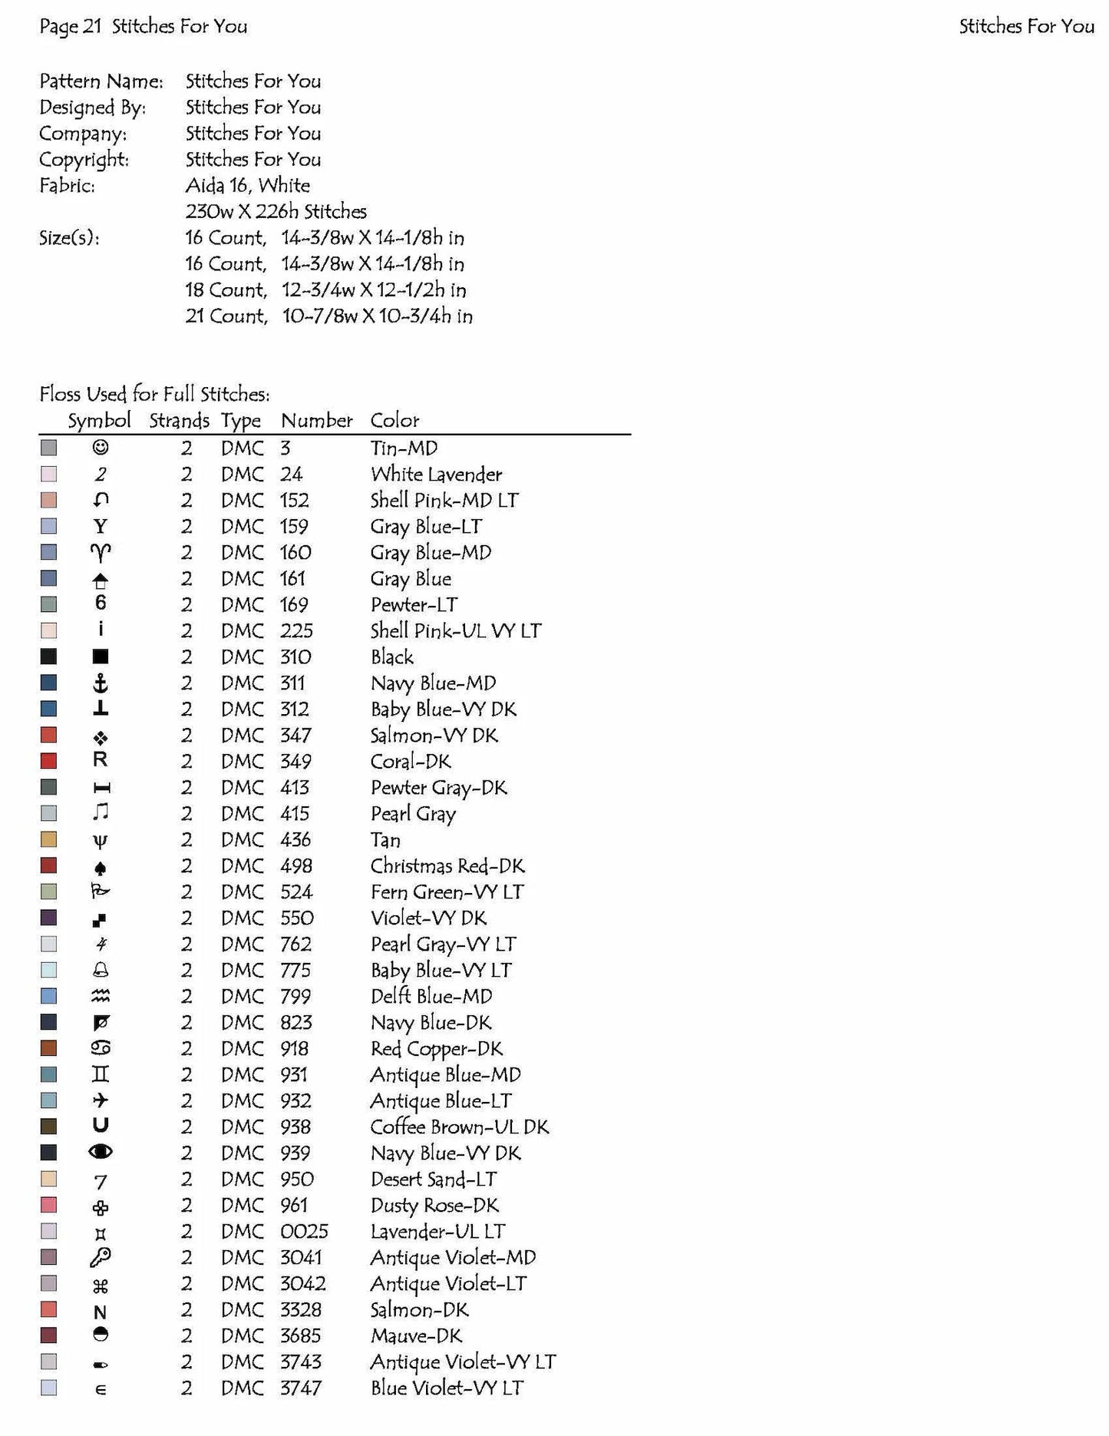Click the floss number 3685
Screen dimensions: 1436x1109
point(300,1335)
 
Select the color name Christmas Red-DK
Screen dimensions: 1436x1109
point(447,866)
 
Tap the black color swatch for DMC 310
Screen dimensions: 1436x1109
point(48,657)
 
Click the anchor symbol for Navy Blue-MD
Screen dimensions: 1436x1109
point(101,683)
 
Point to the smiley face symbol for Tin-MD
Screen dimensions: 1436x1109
point(101,447)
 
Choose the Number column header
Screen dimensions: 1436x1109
point(316,420)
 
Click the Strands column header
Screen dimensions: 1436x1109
point(179,420)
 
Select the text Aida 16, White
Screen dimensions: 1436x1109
point(247,185)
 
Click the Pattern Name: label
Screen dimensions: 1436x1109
point(101,81)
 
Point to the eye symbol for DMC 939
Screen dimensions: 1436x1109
point(101,1152)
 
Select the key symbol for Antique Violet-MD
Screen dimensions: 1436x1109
point(101,1257)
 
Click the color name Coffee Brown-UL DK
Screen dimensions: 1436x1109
point(459,1127)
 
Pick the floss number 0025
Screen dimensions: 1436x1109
point(304,1231)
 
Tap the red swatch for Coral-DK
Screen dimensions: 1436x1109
point(48,761)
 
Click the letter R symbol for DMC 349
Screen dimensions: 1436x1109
point(101,760)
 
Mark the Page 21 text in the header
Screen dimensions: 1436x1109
point(70,26)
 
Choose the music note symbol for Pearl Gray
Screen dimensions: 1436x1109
point(101,812)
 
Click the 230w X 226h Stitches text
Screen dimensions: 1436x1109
point(276,211)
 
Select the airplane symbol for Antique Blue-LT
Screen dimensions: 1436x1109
point(101,1100)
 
